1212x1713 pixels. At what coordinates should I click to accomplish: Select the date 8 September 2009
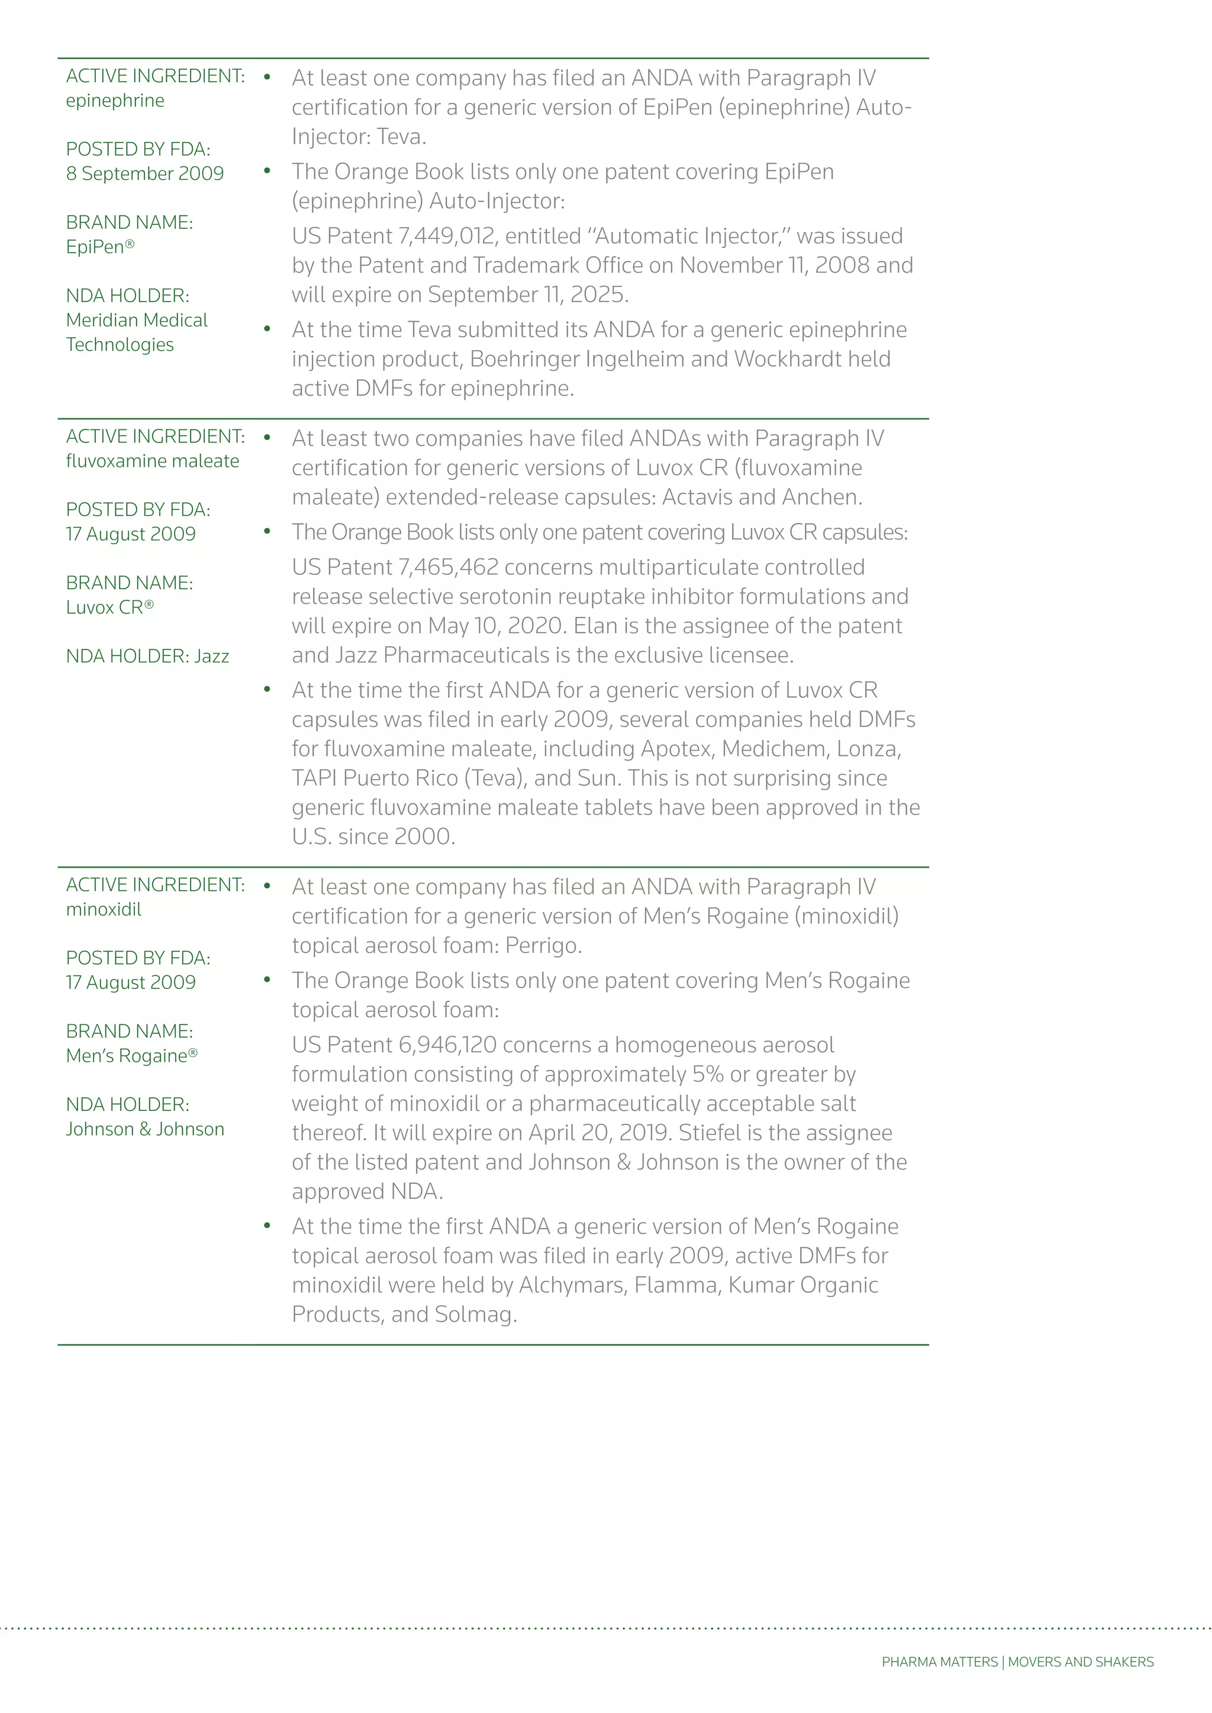click(x=145, y=174)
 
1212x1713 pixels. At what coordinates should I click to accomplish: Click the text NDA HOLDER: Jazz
click(x=147, y=657)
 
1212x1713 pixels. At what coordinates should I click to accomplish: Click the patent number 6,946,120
click(x=448, y=1045)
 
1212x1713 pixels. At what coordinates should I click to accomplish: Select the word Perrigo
click(x=542, y=946)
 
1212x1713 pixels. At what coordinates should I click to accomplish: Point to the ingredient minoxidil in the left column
click(x=104, y=910)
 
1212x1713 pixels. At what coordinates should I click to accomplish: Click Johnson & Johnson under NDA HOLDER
click(x=145, y=1130)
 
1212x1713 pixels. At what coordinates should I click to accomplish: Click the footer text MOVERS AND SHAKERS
click(x=1081, y=1662)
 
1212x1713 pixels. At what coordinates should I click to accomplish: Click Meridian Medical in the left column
click(x=137, y=321)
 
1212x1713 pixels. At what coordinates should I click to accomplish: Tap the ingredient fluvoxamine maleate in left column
click(x=152, y=462)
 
